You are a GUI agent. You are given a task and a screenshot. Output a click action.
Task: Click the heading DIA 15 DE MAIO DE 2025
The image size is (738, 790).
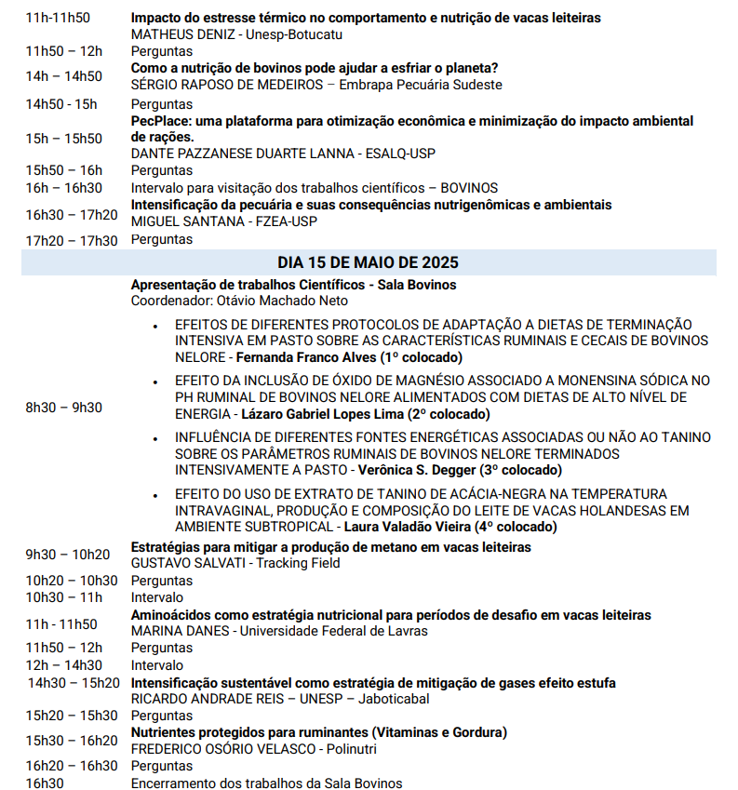click(x=368, y=262)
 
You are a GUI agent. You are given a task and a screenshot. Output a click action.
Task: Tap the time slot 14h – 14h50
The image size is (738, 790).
click(x=64, y=76)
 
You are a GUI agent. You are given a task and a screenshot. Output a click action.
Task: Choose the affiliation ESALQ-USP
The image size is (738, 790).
click(x=402, y=154)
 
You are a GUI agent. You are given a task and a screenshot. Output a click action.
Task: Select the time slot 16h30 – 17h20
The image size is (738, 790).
click(x=72, y=214)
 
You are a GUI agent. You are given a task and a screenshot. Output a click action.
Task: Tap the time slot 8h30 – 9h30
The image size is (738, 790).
click(x=64, y=408)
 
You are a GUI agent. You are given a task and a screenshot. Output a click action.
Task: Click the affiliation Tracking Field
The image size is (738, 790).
click(x=298, y=563)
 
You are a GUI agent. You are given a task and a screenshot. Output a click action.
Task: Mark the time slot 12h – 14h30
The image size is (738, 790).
click(x=64, y=664)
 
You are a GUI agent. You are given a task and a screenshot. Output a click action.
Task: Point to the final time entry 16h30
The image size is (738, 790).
click(x=45, y=783)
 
